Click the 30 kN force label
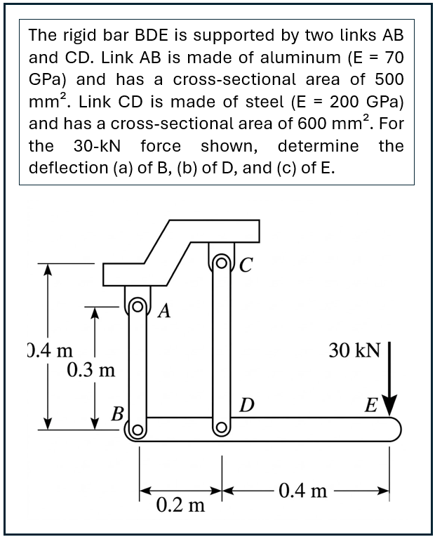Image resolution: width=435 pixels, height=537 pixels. pyautogui.click(x=354, y=350)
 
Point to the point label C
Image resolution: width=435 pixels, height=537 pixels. pyautogui.click(x=246, y=265)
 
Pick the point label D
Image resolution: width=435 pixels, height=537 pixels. pyautogui.click(x=246, y=405)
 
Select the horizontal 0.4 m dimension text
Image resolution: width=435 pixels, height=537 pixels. pyautogui.click(x=302, y=489)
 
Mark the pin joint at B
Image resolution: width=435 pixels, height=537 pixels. pyautogui.click(x=138, y=430)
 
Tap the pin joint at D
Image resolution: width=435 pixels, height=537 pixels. pyautogui.click(x=222, y=427)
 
